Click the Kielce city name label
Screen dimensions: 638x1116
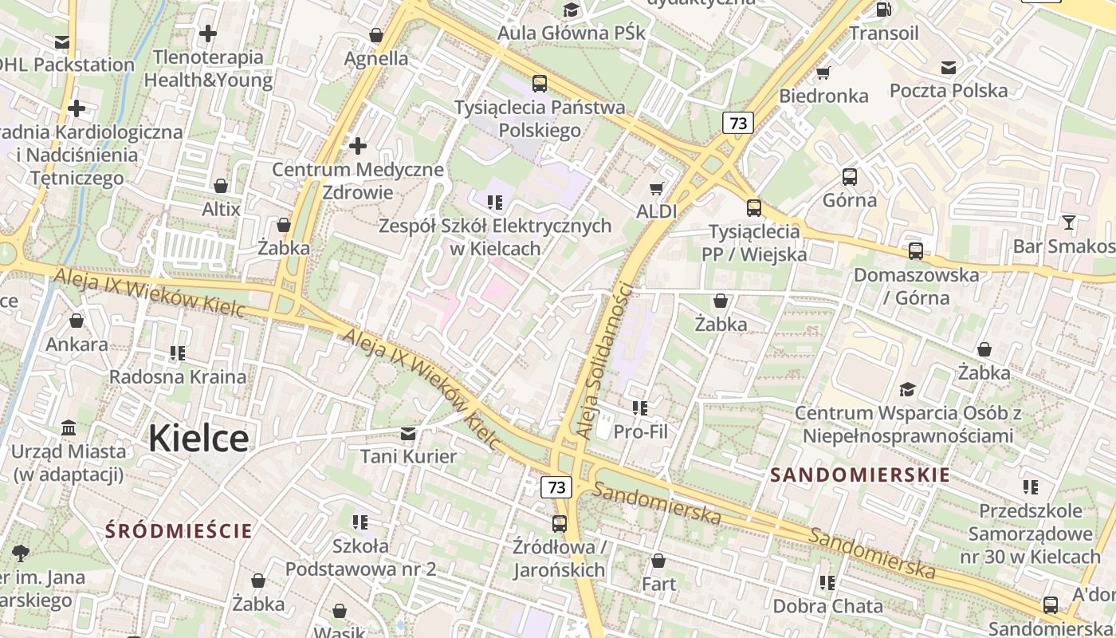(x=198, y=439)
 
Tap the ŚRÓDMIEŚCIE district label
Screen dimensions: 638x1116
(x=179, y=531)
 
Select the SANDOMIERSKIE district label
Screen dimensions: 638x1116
(x=860, y=475)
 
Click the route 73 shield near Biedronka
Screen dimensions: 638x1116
(x=738, y=123)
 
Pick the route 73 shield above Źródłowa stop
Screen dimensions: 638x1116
(x=556, y=486)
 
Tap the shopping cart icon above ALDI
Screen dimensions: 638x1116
(x=656, y=188)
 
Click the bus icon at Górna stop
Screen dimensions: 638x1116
(x=850, y=177)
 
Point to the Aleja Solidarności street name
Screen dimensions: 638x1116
(x=604, y=360)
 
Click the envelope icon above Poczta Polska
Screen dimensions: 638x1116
(x=949, y=68)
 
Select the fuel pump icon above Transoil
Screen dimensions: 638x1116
(x=883, y=10)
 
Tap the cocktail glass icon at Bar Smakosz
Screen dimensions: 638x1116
(x=1068, y=223)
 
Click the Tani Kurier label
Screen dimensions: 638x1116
(x=408, y=457)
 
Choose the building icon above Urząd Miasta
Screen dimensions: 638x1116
(x=69, y=428)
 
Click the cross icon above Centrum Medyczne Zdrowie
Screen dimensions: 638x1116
(x=358, y=146)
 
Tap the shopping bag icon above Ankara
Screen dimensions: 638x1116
(x=77, y=321)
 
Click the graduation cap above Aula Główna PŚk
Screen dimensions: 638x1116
(x=571, y=10)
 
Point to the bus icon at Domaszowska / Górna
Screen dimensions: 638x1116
(x=916, y=251)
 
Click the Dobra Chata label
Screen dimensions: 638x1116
(x=827, y=606)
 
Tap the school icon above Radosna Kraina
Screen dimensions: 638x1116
(x=178, y=352)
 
